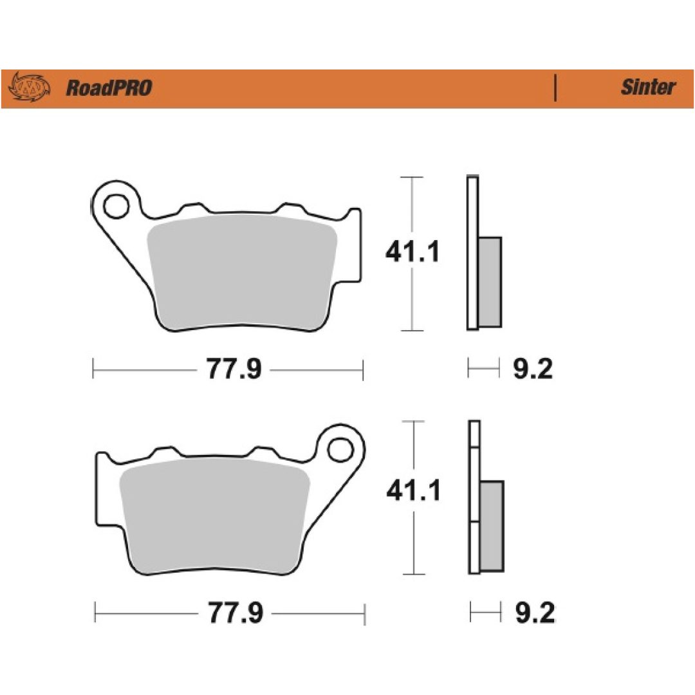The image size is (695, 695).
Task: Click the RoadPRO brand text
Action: [x=109, y=88]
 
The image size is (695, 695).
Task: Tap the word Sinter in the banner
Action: [x=648, y=87]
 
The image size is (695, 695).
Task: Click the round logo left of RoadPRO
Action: [x=29, y=86]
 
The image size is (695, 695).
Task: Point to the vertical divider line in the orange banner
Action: [x=555, y=88]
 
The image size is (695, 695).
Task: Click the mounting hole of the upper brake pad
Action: [x=116, y=206]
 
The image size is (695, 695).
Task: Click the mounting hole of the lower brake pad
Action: [x=340, y=450]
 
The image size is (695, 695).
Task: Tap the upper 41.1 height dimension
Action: [x=412, y=252]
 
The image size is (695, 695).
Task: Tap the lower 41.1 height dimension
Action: [x=414, y=491]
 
